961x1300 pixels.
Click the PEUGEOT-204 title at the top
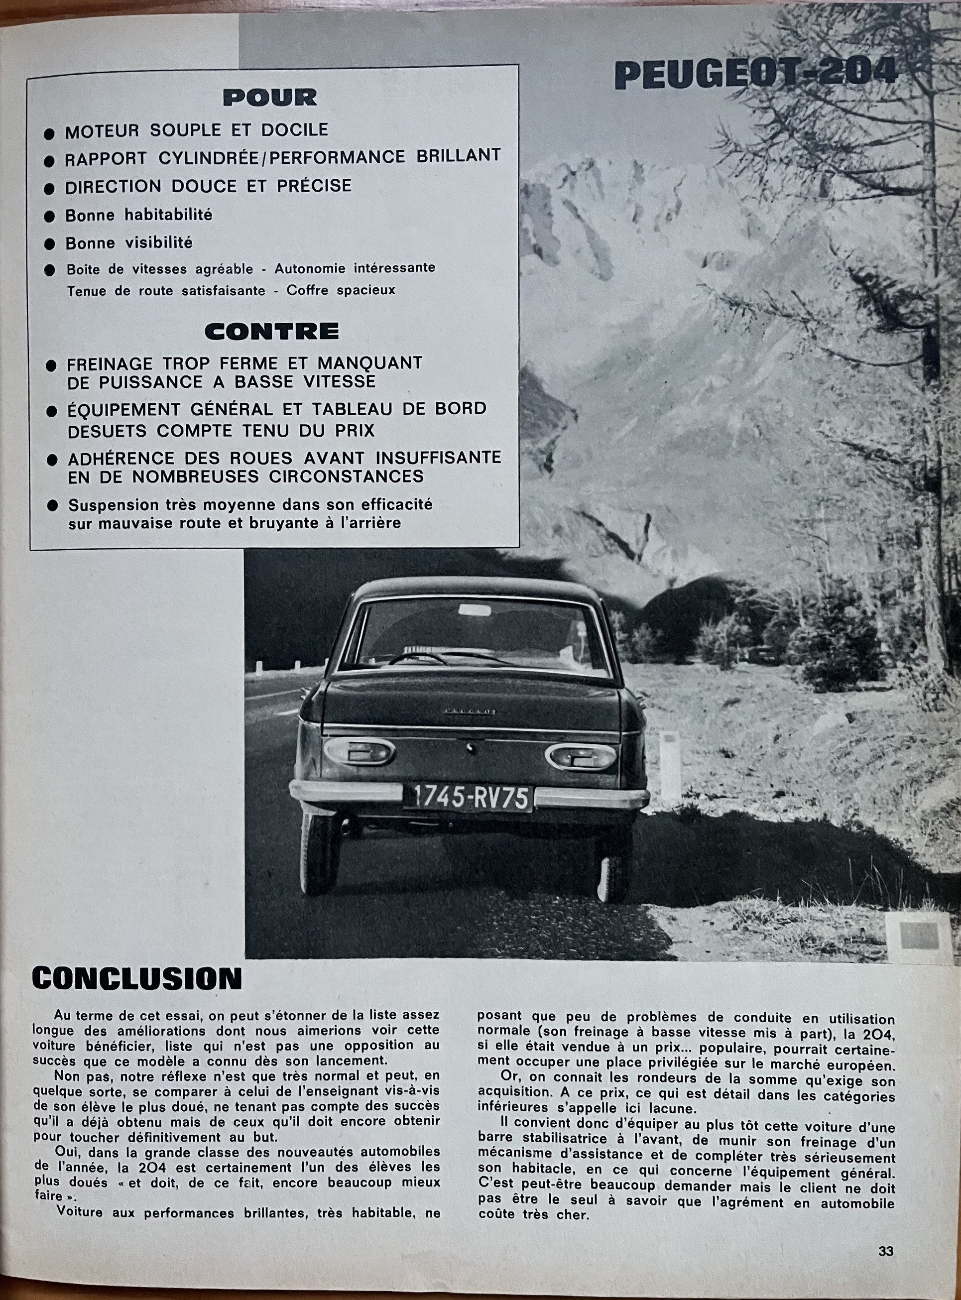pyautogui.click(x=757, y=76)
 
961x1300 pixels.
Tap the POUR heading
pyautogui.click(x=270, y=97)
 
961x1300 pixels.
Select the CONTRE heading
pyautogui.click(x=272, y=331)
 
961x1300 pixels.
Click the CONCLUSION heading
pyautogui.click(x=137, y=979)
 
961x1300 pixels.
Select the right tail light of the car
pyautogui.click(x=580, y=756)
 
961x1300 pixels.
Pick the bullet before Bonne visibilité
pyautogui.click(x=50, y=244)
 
